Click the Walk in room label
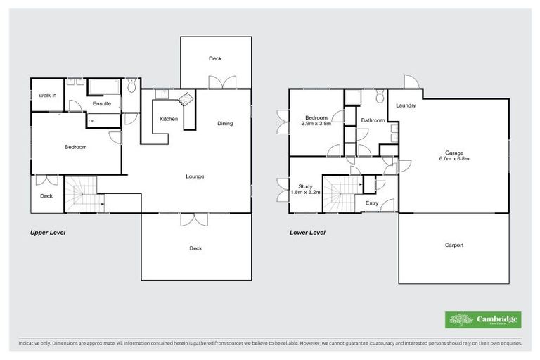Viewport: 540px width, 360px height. (x=47, y=95)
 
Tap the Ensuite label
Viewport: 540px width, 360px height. (x=102, y=104)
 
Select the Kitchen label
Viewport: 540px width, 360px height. (x=169, y=119)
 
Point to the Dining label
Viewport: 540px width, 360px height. (x=224, y=124)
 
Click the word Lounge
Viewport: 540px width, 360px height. (x=195, y=176)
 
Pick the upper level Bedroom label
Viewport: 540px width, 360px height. (x=75, y=147)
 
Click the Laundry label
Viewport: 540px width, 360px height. (x=406, y=106)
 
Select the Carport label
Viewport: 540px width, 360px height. (x=454, y=245)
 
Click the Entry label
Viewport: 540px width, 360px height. (x=372, y=203)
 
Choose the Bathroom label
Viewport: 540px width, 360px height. (x=373, y=120)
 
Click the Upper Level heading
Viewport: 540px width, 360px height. (x=47, y=232)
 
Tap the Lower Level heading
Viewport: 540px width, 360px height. (x=307, y=232)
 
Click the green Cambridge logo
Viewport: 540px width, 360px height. (x=483, y=320)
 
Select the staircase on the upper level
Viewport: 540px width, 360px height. (x=83, y=194)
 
